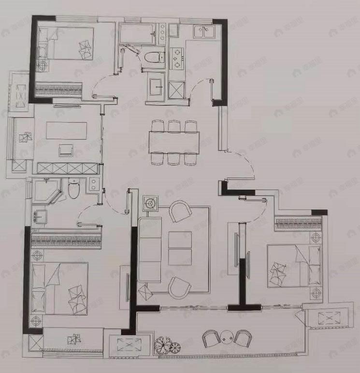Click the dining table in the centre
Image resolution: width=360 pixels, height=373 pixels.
point(174,143)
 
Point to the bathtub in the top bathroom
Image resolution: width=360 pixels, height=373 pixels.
point(138,34)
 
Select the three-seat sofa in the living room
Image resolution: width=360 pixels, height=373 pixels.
point(149,250)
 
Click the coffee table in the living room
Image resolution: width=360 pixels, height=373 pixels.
point(180,248)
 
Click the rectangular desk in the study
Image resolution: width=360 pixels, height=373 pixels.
point(67,130)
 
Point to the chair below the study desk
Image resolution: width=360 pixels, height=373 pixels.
point(65,150)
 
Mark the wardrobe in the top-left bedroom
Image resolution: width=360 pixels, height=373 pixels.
point(58,89)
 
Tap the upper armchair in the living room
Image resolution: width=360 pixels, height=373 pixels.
point(181,211)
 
